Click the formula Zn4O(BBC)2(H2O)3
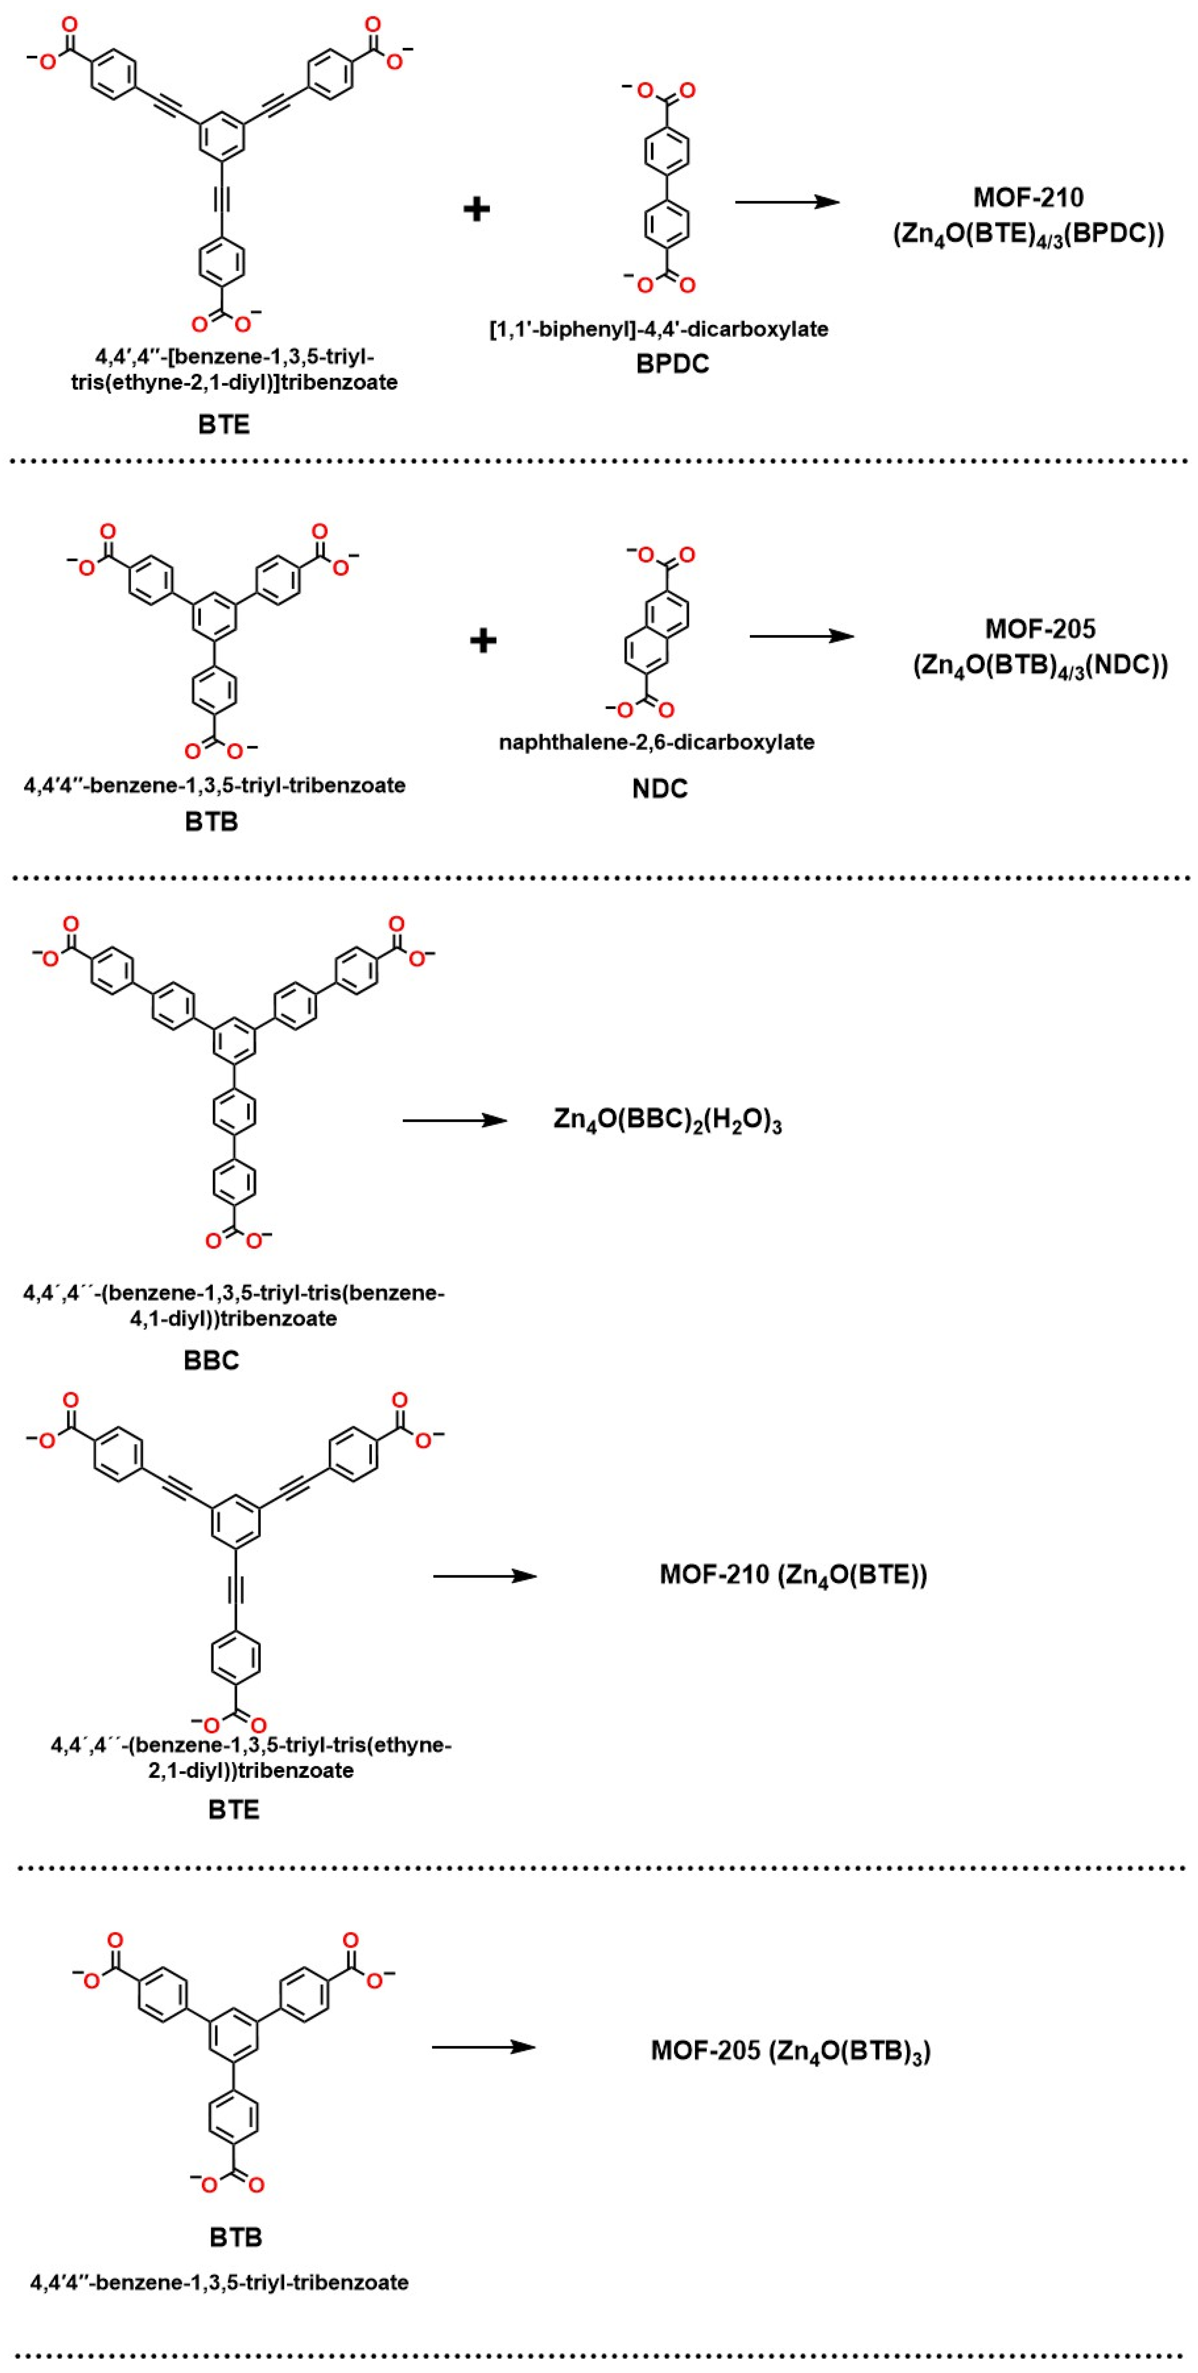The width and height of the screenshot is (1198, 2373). coord(667,1120)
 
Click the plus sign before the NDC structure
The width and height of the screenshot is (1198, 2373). coord(483,639)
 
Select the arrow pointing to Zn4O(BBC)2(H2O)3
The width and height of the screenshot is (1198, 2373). coord(454,1120)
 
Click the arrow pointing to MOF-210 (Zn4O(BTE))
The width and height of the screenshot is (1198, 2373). coord(485,1576)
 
